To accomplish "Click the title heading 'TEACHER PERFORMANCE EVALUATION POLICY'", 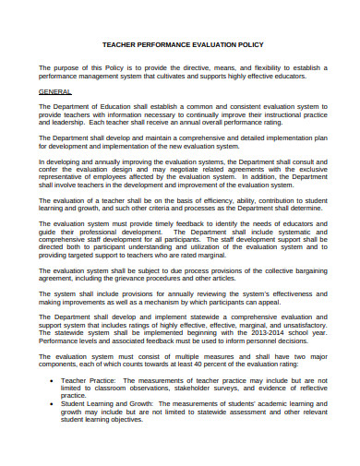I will pos(182,44).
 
